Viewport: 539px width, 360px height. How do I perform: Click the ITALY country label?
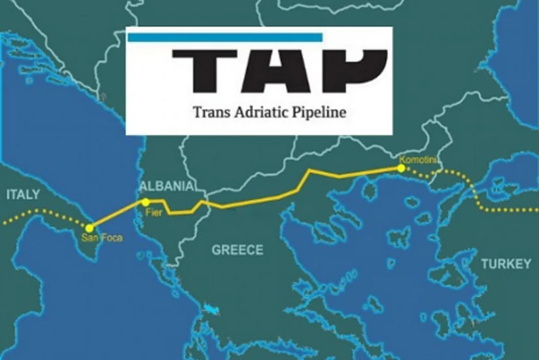(x=23, y=194)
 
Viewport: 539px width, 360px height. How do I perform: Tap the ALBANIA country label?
(x=167, y=186)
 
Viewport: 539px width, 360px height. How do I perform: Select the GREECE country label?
(x=237, y=250)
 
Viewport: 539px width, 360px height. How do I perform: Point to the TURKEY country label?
(x=506, y=264)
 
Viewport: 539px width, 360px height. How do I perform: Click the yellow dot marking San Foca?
(x=90, y=228)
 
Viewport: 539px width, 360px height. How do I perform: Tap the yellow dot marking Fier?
(x=146, y=202)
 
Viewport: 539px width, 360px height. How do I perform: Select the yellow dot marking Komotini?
(x=400, y=168)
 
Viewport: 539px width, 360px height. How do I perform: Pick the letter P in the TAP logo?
(x=353, y=70)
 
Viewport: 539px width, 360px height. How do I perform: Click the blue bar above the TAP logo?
(x=225, y=38)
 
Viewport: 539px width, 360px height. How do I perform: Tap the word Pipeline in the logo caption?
(x=317, y=113)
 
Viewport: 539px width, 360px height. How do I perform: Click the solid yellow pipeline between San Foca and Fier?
(x=118, y=215)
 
